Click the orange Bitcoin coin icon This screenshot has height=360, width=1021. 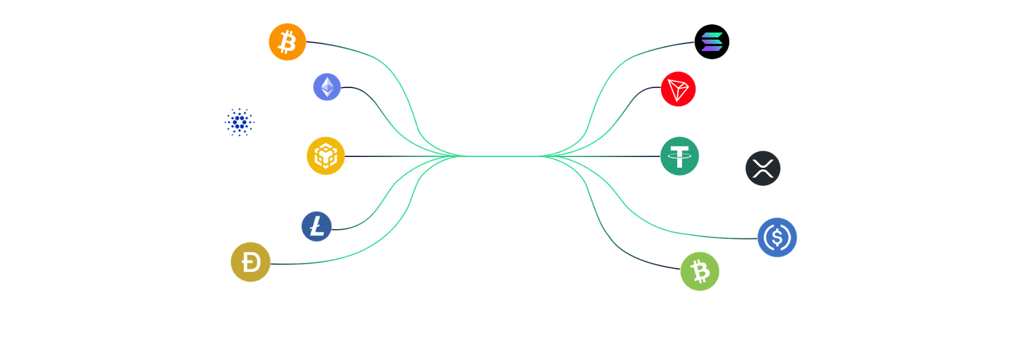pyautogui.click(x=287, y=42)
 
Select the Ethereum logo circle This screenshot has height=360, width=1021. pyautogui.click(x=327, y=87)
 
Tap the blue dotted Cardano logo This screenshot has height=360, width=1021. pyautogui.click(x=239, y=122)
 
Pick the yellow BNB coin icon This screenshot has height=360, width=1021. pyautogui.click(x=325, y=155)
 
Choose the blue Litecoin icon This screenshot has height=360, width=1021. pyautogui.click(x=317, y=227)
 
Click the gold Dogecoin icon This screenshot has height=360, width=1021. pyautogui.click(x=251, y=262)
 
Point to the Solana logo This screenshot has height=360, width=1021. pyautogui.click(x=712, y=42)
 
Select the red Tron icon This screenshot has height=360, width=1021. pyautogui.click(x=678, y=89)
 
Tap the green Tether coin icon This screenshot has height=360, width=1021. pyautogui.click(x=680, y=156)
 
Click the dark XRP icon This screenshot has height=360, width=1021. pyautogui.click(x=763, y=168)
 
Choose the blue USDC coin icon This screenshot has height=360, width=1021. pyautogui.click(x=777, y=237)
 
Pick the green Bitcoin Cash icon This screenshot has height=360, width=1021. pyautogui.click(x=700, y=271)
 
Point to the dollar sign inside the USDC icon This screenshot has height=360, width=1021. pyautogui.click(x=777, y=237)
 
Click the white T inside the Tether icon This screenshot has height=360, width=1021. pyautogui.click(x=680, y=156)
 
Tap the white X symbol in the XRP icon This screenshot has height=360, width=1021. pyautogui.click(x=763, y=169)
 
